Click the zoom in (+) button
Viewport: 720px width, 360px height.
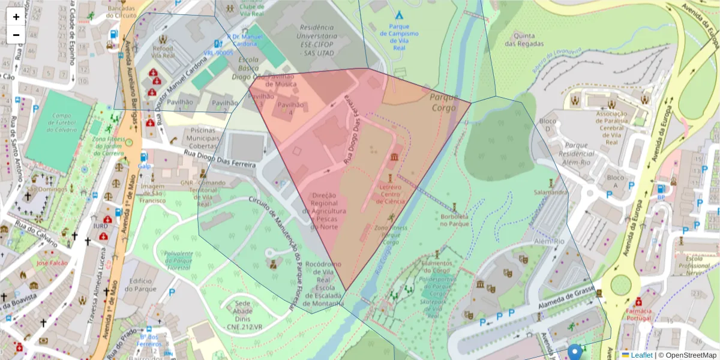point(16,17)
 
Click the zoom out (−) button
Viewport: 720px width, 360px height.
point(16,35)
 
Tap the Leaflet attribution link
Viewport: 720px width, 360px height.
point(641,355)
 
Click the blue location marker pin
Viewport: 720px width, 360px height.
point(575,352)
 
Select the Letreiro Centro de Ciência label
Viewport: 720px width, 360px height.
point(390,194)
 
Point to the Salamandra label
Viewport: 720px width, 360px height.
point(551,193)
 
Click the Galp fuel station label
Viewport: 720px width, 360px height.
point(144,166)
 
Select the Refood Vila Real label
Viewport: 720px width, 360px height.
point(163,52)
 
